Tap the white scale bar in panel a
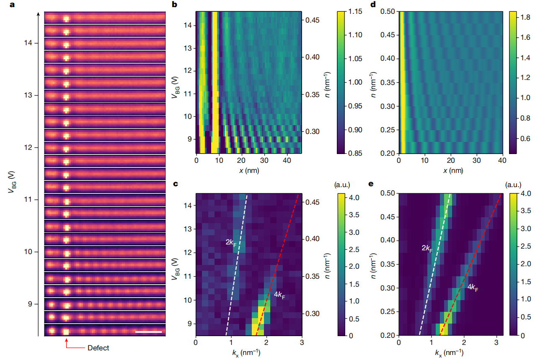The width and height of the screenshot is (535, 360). [148, 332]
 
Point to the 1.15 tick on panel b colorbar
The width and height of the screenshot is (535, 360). [357, 12]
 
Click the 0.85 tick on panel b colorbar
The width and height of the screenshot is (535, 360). [357, 153]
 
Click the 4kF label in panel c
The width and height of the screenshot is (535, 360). [282, 295]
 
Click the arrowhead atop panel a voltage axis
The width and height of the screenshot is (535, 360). [39, 13]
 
